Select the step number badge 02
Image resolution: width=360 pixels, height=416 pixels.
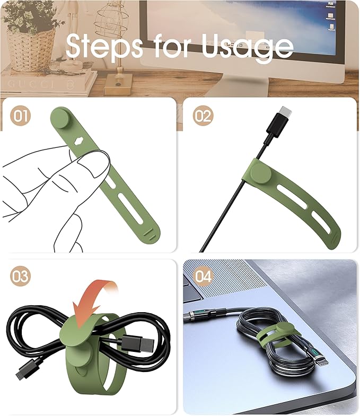[202, 116]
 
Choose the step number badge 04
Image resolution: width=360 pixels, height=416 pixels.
[203, 277]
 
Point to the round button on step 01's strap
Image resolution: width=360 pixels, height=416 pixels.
[63, 118]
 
